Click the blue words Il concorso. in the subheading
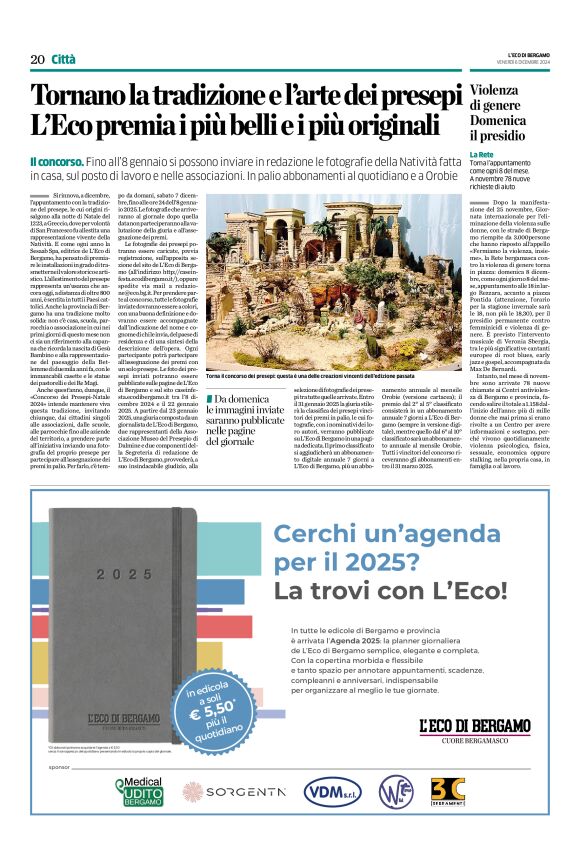click(61, 162)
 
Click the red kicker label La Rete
click(481, 155)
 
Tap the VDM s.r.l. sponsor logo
click(333, 791)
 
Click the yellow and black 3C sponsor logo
click(447, 791)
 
